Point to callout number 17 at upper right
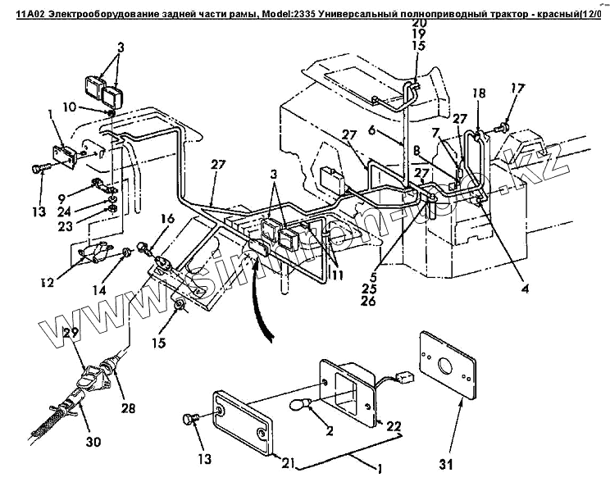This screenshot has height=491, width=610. (x=517, y=89)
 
